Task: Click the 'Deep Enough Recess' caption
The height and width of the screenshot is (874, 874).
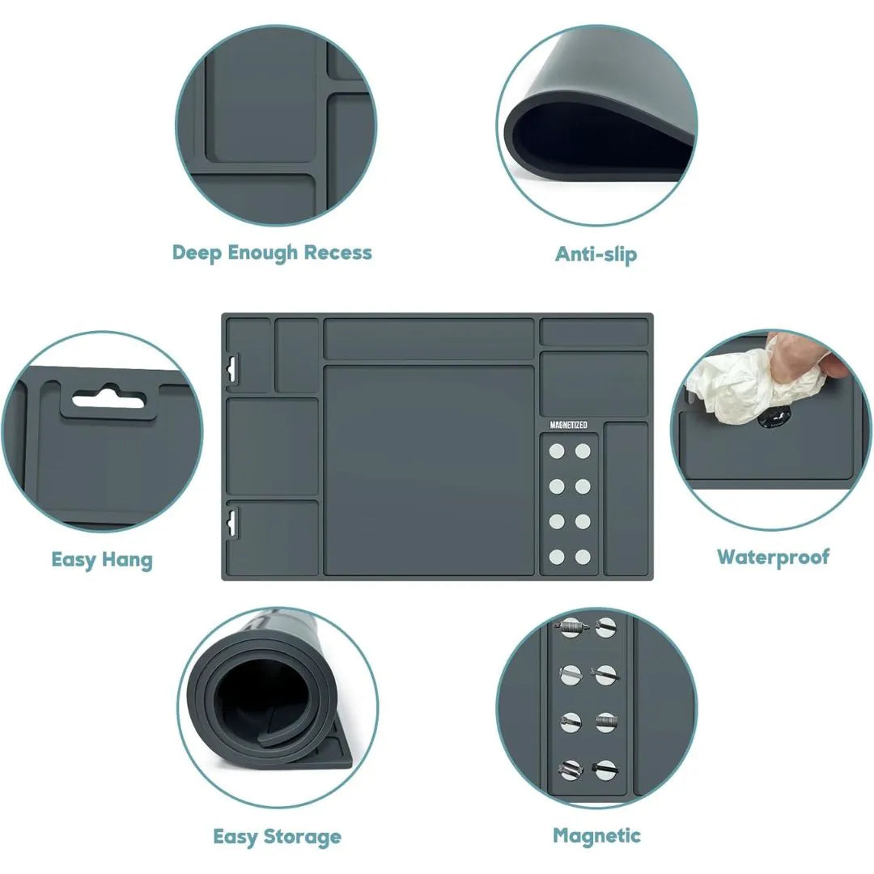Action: point(271,253)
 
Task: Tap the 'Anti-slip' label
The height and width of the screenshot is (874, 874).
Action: point(596,254)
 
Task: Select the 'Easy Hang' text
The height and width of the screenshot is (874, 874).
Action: point(102,560)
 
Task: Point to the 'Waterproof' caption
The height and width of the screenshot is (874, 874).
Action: point(773,557)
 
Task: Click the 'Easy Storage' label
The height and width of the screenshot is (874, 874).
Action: point(277,836)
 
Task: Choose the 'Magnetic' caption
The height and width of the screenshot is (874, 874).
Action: point(596,835)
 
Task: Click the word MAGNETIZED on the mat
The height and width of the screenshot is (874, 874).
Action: point(569,425)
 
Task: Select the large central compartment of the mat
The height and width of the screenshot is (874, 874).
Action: point(429,470)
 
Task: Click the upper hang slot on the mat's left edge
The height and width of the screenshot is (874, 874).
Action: point(232,368)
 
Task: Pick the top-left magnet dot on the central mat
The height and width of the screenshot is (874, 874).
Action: point(556,451)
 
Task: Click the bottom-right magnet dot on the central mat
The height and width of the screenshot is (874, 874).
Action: point(583,557)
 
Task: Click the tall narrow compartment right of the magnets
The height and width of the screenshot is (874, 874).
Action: point(626,499)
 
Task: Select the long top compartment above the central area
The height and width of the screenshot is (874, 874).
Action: point(429,339)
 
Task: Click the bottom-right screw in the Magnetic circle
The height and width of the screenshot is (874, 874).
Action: point(605,771)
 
